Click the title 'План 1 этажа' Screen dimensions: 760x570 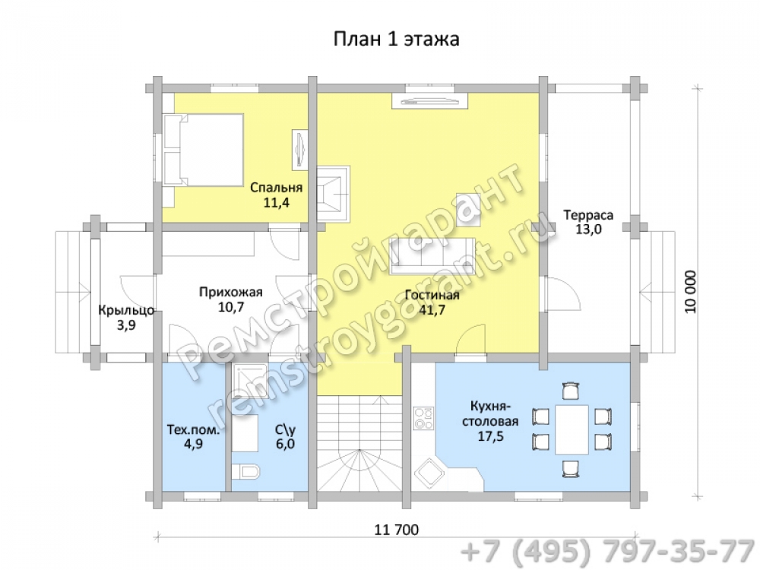click(x=396, y=39)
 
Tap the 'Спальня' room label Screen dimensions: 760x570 click(x=277, y=188)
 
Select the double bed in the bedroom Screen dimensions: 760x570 click(x=203, y=150)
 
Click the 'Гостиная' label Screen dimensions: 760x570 click(x=432, y=295)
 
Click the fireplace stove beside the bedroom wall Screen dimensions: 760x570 click(x=333, y=194)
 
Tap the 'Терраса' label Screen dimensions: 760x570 click(x=588, y=215)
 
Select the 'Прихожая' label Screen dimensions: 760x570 click(x=231, y=292)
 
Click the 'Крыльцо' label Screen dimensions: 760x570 click(x=126, y=310)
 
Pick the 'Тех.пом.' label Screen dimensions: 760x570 click(x=193, y=430)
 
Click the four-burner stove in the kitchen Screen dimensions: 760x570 click(x=424, y=418)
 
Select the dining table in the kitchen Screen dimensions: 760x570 click(x=572, y=429)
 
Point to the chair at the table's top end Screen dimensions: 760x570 click(x=571, y=391)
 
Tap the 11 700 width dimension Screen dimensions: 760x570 click(x=397, y=529)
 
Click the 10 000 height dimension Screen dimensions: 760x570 click(x=690, y=291)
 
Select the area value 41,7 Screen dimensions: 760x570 click(x=432, y=310)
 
